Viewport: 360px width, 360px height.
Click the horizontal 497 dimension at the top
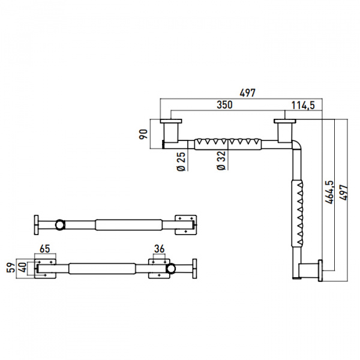coord(247,93)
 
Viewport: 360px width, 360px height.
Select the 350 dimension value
coord(224,104)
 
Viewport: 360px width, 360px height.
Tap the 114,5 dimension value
coord(303,106)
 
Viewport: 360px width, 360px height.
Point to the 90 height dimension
coord(143,134)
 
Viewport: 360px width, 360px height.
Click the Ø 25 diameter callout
coord(181,161)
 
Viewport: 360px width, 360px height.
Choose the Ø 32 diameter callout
coord(221,160)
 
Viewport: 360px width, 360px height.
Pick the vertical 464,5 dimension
coord(329,192)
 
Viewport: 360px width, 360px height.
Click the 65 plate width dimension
coord(45,248)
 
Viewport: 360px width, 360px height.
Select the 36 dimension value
coord(160,248)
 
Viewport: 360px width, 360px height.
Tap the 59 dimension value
coord(11,268)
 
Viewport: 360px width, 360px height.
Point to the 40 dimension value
coord(23,268)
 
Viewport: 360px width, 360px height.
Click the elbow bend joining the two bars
coord(296,145)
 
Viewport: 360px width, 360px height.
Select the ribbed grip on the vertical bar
coord(297,214)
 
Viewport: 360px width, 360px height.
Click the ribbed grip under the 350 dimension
coord(228,144)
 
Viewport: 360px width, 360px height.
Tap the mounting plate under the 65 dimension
coord(45,269)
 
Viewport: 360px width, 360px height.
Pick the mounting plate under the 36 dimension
coord(160,269)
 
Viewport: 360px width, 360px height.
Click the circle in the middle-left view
coord(60,225)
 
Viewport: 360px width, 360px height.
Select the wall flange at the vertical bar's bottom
coord(320,271)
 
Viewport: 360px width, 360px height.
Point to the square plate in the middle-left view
coord(186,225)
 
